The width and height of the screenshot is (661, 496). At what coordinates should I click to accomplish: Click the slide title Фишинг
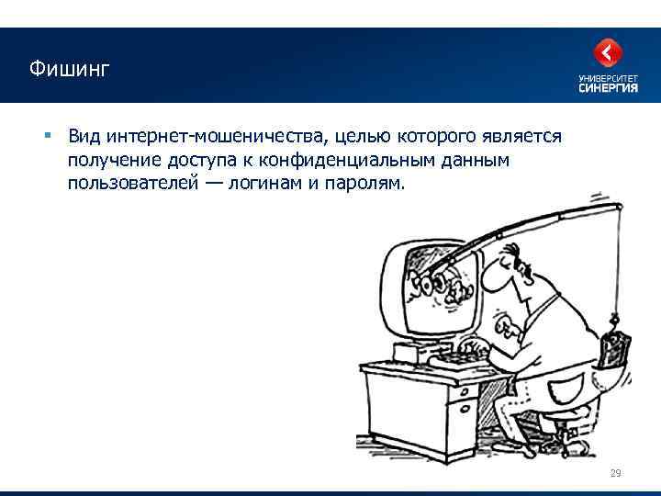(x=68, y=69)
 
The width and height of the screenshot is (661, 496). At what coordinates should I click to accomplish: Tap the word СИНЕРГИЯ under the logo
(x=607, y=89)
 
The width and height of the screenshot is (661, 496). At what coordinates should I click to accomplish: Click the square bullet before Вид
(x=46, y=137)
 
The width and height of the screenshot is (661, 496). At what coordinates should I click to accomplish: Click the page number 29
(x=615, y=473)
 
